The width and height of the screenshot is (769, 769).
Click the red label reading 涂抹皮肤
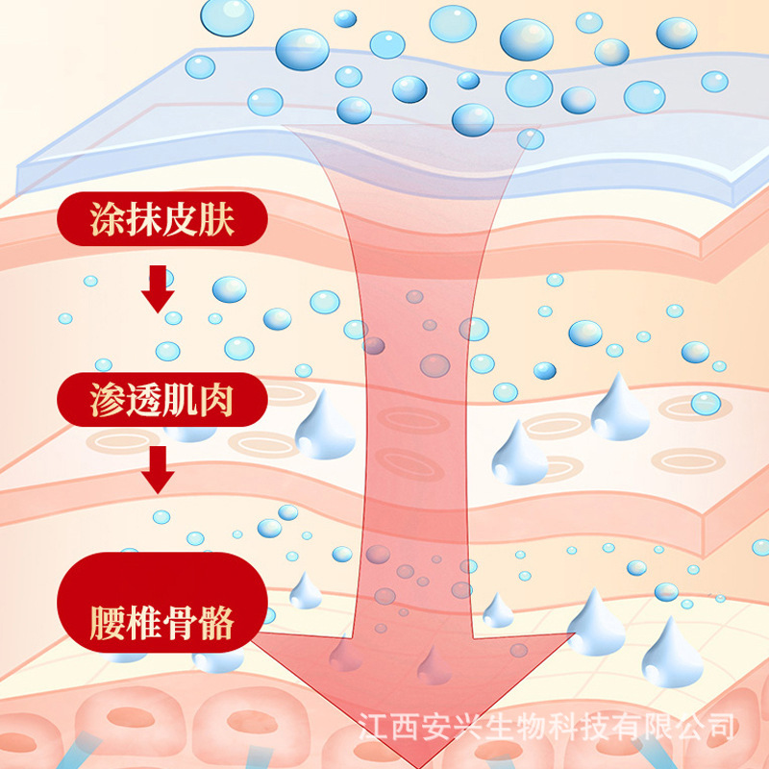[x=161, y=221]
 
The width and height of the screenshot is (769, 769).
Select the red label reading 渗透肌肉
[x=161, y=398]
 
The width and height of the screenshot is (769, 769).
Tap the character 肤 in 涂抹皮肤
[x=217, y=221]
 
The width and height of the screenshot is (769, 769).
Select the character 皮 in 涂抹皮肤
[x=180, y=221]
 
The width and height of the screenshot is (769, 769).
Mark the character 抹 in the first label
[x=141, y=221]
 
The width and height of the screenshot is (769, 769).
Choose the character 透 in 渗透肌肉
[x=141, y=398]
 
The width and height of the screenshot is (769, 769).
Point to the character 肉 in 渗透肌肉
[x=217, y=398]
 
